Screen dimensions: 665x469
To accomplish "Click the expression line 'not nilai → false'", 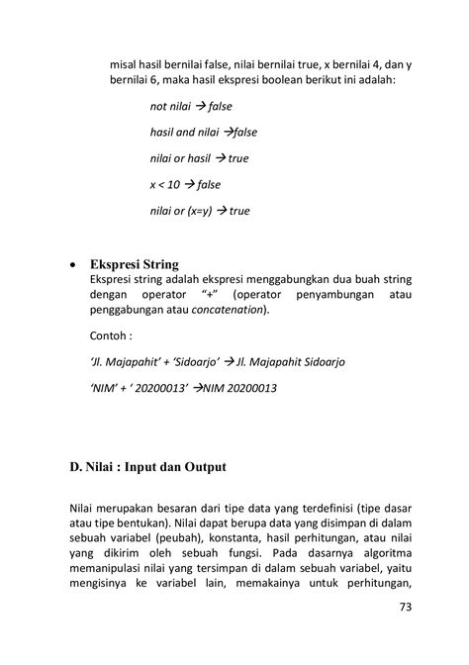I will pyautogui.click(x=190, y=106).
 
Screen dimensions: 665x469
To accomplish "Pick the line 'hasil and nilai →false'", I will pyautogui.click(x=203, y=132).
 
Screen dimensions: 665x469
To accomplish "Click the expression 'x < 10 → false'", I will pyautogui.click(x=185, y=184).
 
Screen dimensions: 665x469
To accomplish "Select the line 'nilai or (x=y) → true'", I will pyautogui.click(x=200, y=211).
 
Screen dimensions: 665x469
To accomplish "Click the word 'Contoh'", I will pyautogui.click(x=110, y=334).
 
